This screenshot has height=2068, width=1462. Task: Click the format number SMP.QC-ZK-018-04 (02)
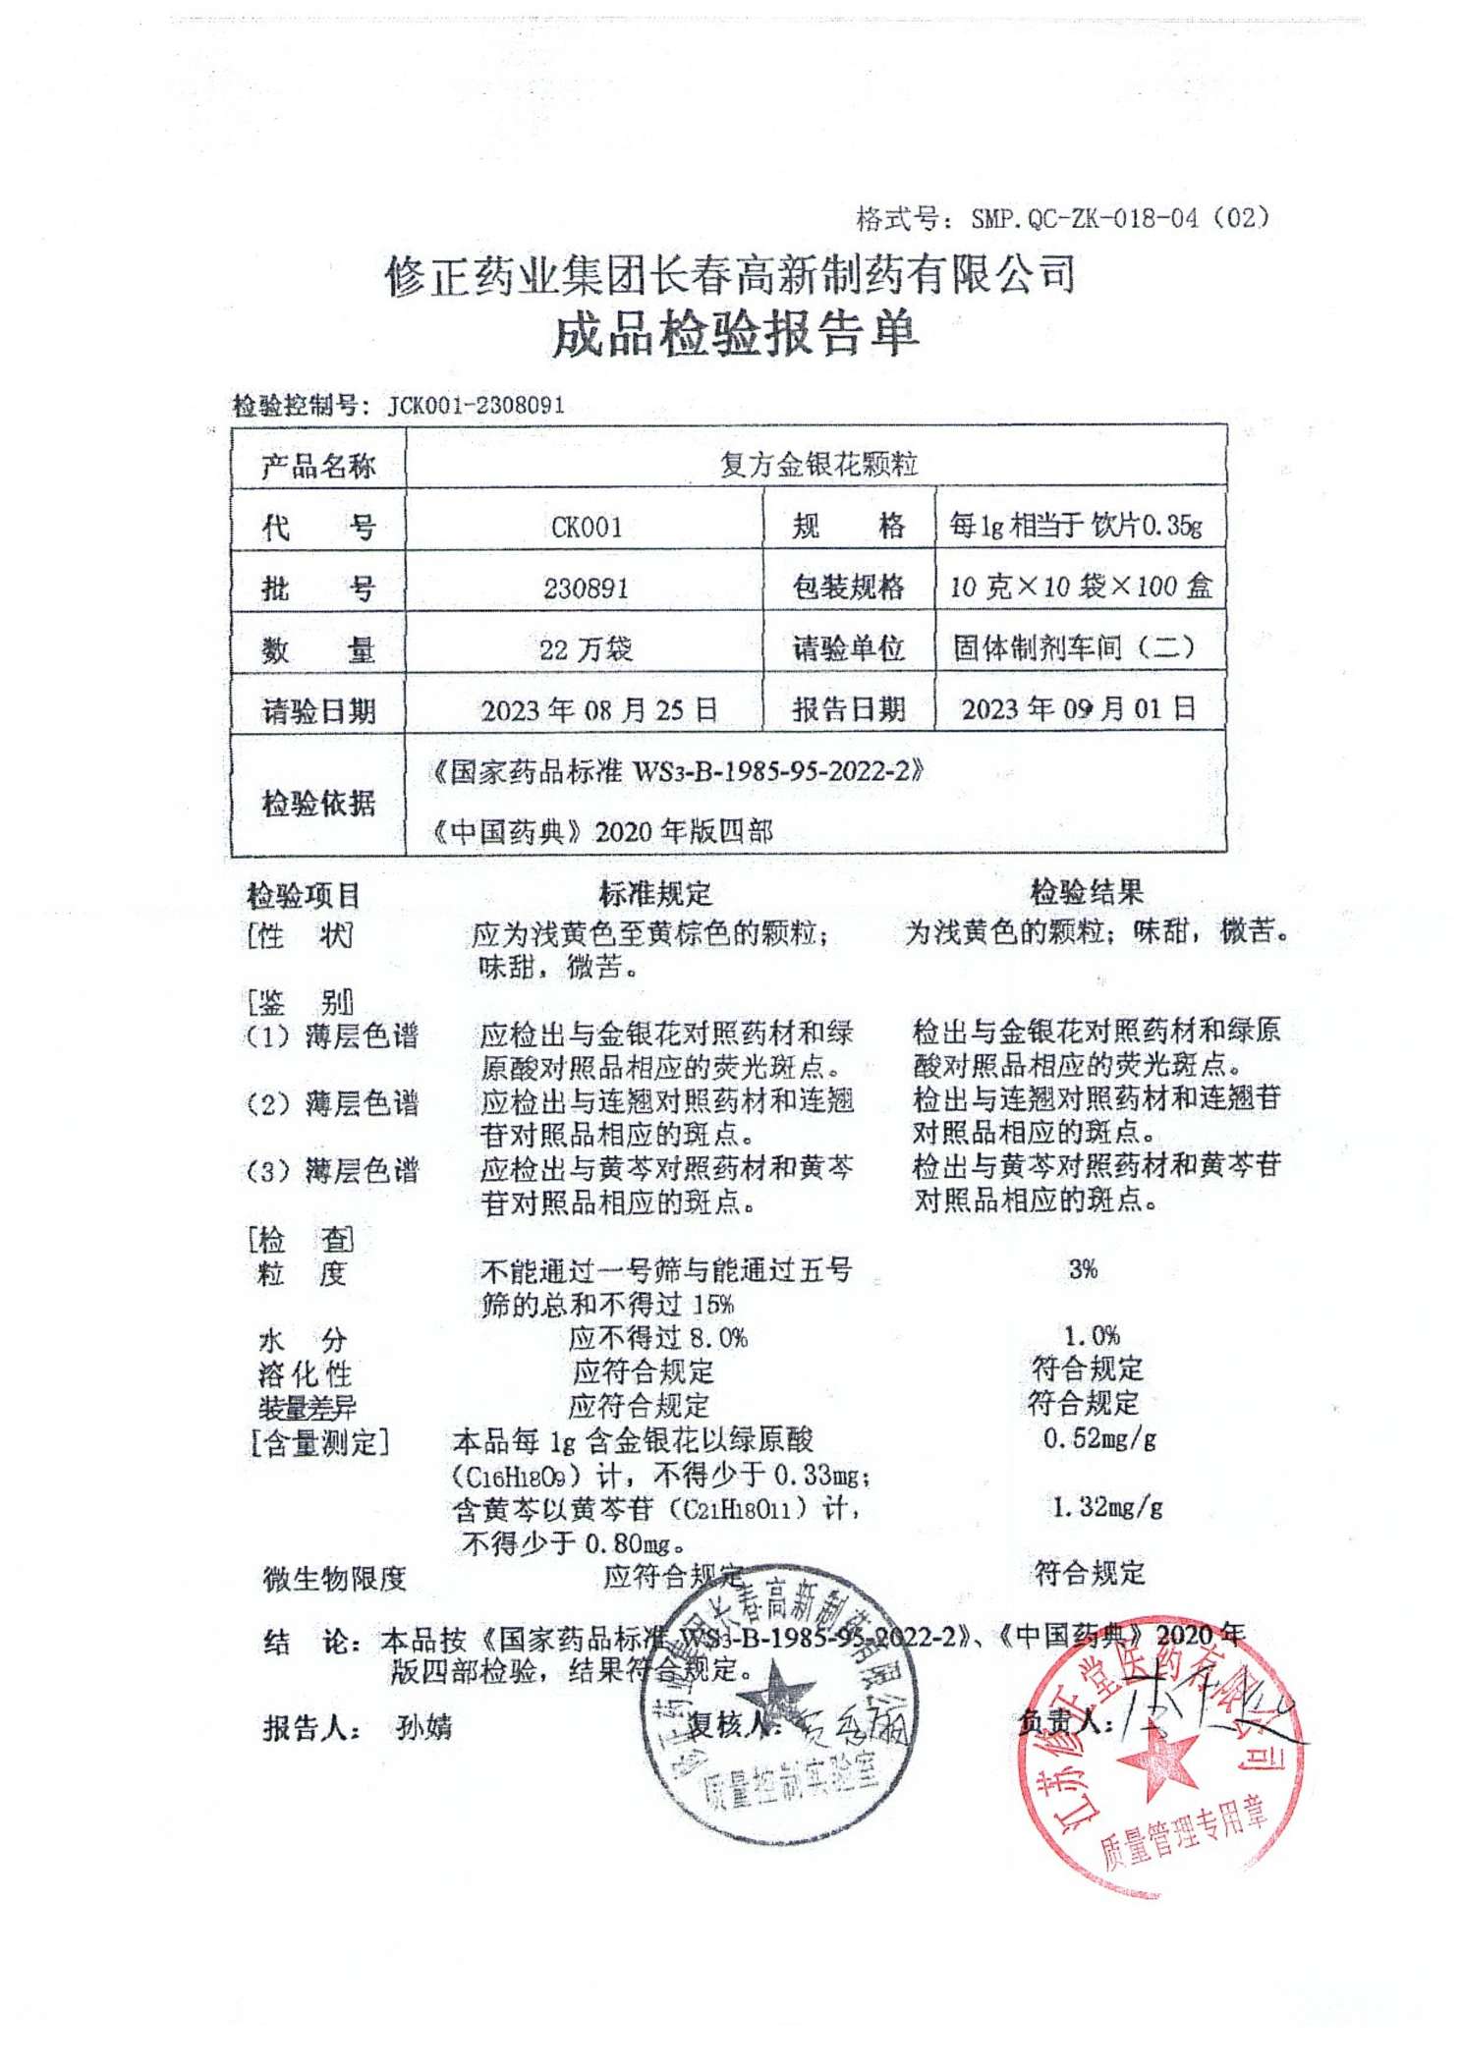click(1119, 217)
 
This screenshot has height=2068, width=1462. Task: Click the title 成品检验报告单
click(735, 335)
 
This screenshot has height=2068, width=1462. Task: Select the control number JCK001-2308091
click(476, 405)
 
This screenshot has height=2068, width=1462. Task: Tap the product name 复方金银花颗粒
click(817, 464)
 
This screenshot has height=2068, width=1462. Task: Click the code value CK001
click(586, 528)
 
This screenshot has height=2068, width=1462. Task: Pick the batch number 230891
click(586, 588)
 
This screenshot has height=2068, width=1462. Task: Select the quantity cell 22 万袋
click(586, 648)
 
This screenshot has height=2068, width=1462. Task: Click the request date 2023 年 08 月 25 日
click(598, 710)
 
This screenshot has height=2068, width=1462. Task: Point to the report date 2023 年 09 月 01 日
click(1078, 708)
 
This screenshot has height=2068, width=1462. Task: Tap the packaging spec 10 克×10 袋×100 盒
click(1081, 587)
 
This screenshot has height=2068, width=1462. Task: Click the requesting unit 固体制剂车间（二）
click(1075, 647)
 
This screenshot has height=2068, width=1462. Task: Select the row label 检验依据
click(318, 804)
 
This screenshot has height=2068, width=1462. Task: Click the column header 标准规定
click(655, 894)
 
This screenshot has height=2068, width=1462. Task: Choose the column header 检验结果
click(1086, 892)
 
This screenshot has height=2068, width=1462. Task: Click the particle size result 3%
click(1083, 1269)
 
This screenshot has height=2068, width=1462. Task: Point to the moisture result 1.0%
click(1092, 1335)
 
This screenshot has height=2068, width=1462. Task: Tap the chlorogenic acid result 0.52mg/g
click(1099, 1439)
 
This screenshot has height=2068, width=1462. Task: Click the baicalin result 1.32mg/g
click(1107, 1507)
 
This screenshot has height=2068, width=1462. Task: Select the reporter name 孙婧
click(423, 1727)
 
